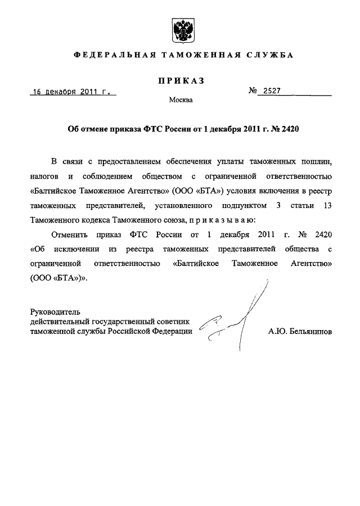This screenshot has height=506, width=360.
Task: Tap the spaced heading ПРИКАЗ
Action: click(180, 81)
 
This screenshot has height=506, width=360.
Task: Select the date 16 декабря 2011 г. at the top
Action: click(73, 92)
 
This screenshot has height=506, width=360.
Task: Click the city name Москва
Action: click(181, 101)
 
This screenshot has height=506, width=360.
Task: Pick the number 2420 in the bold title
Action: click(288, 129)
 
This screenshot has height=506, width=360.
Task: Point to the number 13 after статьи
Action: click(327, 205)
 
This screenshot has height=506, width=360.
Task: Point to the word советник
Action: click(175, 322)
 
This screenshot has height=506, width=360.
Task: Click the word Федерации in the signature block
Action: click(172, 332)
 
